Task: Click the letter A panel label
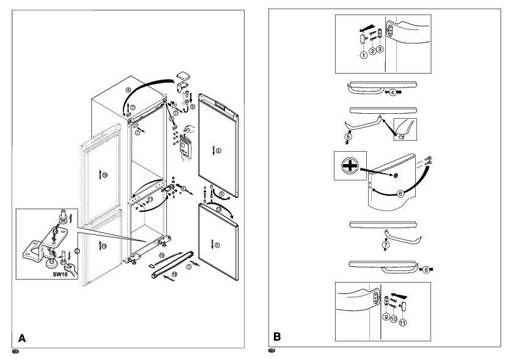coord(22,337)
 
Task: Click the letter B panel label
coord(277,337)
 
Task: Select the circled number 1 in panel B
coord(363,55)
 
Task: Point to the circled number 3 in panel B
coord(380,50)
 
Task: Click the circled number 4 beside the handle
coord(392,92)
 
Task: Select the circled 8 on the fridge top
coord(128,90)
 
